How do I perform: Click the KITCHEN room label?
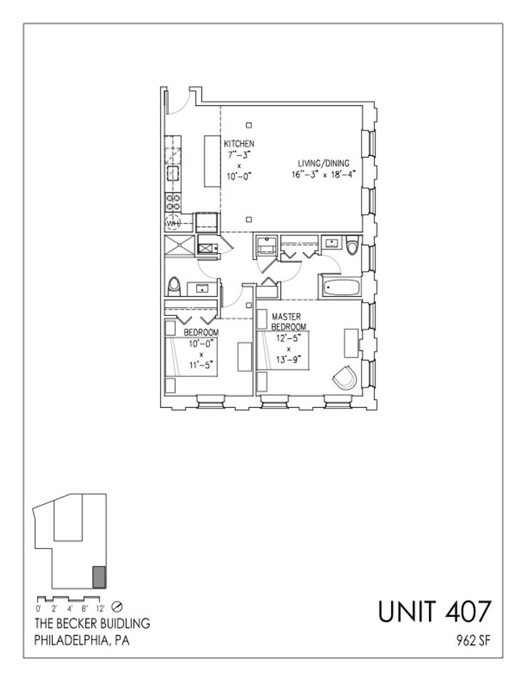tap(239, 143)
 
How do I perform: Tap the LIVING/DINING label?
tap(323, 163)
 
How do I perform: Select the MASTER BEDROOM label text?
tap(288, 322)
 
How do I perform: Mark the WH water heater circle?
tap(173, 223)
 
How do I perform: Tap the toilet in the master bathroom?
tap(352, 245)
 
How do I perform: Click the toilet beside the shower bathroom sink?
tap(174, 286)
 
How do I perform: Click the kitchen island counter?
tap(212, 161)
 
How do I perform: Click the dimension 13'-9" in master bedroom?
tap(289, 359)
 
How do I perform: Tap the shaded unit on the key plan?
tap(100, 577)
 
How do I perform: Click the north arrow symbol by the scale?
tap(117, 607)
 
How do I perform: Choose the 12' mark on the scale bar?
tap(100, 608)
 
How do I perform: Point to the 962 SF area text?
tap(474, 640)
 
